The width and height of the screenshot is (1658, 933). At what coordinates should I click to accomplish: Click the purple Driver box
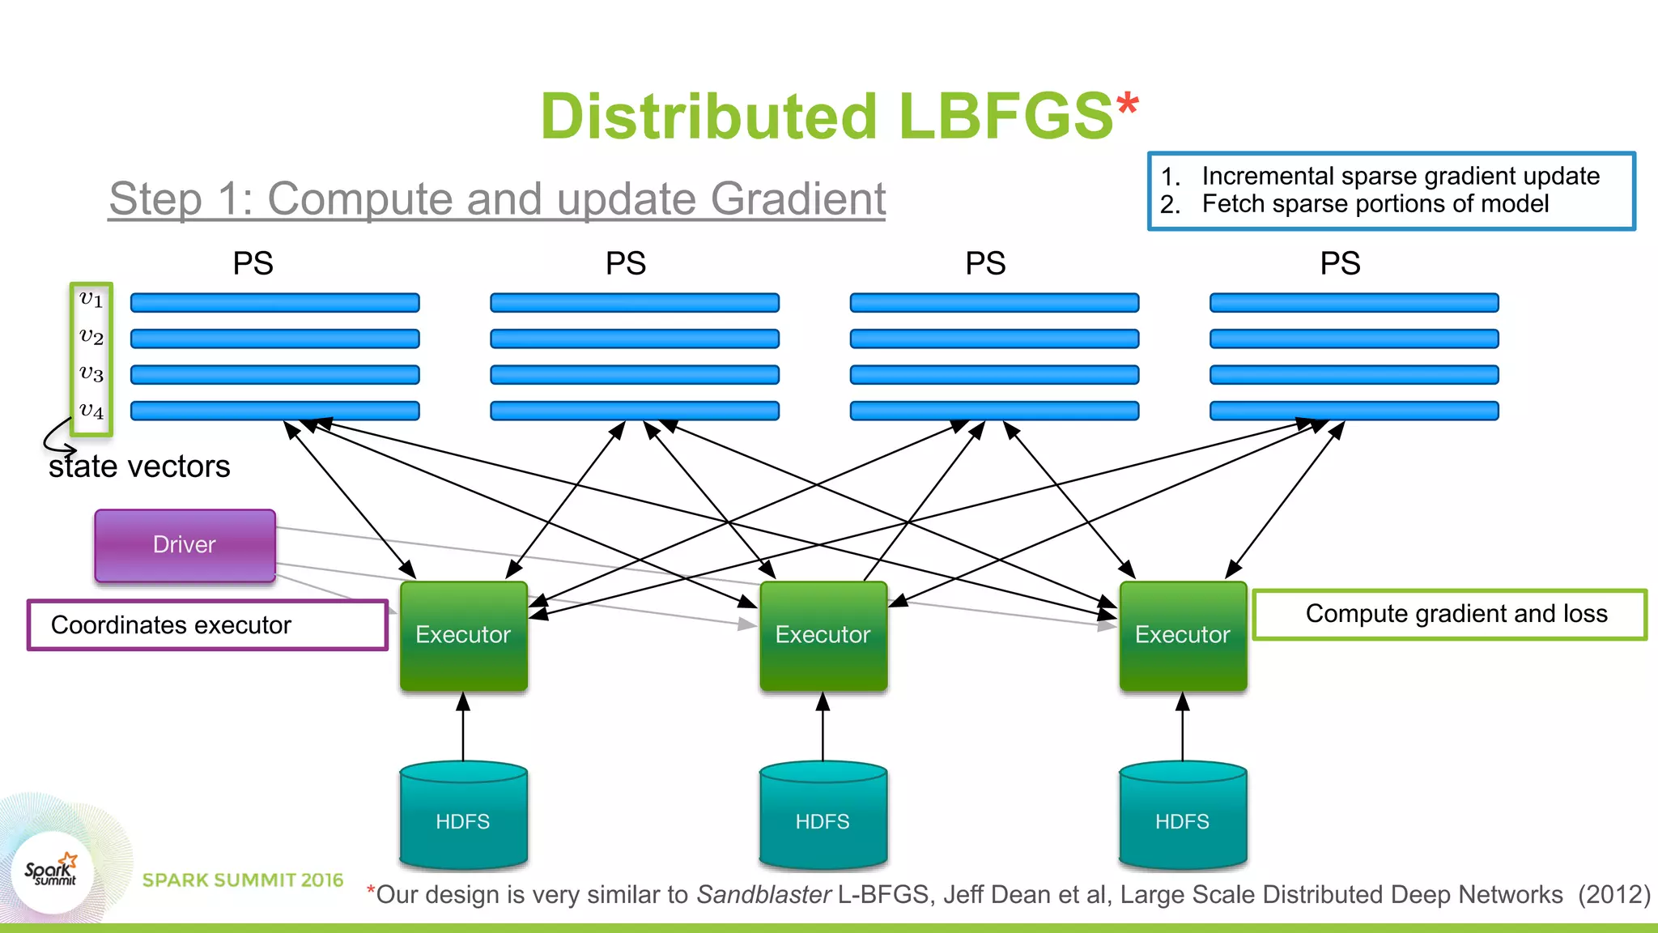point(185,545)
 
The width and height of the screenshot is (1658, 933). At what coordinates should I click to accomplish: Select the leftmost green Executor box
point(463,636)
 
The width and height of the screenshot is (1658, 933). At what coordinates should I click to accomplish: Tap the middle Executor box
point(823,636)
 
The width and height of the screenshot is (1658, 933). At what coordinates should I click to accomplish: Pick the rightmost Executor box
point(1182,636)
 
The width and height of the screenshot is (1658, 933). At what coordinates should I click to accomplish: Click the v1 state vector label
point(91,300)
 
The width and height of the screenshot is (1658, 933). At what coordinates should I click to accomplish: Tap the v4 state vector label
point(91,411)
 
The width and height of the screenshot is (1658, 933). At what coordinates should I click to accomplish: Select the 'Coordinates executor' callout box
point(207,624)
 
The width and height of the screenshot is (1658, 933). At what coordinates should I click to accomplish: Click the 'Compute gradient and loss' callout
point(1449,614)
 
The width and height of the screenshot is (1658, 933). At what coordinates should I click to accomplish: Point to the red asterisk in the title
point(1127,104)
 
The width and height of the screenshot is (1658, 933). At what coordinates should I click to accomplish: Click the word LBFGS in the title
point(1005,117)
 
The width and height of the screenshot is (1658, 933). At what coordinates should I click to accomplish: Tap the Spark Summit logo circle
point(53,871)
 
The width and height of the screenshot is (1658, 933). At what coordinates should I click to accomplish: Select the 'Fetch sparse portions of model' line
point(1375,204)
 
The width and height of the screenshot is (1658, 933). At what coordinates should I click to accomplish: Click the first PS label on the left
point(253,264)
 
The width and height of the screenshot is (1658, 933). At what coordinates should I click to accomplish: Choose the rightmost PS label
point(1340,264)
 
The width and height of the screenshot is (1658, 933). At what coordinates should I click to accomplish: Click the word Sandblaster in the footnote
point(763,894)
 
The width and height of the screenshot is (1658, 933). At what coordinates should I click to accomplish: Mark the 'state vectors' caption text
point(139,467)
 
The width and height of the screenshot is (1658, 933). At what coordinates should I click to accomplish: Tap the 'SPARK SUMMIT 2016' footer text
point(243,880)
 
